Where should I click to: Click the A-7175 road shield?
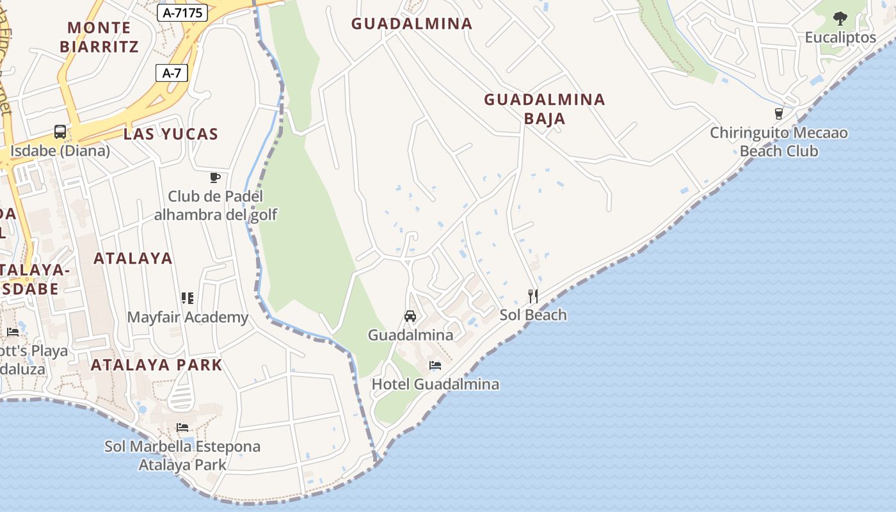point(182,12)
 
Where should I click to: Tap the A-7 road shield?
point(172,73)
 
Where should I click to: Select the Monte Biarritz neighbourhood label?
point(99,37)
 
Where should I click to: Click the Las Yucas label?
point(171,134)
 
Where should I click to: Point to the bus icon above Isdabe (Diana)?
point(60,132)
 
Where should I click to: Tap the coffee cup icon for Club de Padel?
point(215,177)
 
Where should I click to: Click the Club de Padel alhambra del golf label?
point(215,205)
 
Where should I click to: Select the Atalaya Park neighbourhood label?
point(156,365)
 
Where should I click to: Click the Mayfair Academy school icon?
point(188,298)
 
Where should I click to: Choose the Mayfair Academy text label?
point(188,317)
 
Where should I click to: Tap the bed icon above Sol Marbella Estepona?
point(182,427)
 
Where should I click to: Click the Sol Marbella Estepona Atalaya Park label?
point(182,455)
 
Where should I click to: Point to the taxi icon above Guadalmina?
point(410,316)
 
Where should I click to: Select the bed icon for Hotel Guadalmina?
point(435,365)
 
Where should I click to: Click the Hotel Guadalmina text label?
point(435,385)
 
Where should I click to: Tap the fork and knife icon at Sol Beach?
point(532,296)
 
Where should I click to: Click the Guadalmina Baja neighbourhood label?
point(545,109)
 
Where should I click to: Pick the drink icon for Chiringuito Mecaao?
point(779,114)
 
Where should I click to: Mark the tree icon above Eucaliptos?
point(840,19)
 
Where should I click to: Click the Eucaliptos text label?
point(840,38)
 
